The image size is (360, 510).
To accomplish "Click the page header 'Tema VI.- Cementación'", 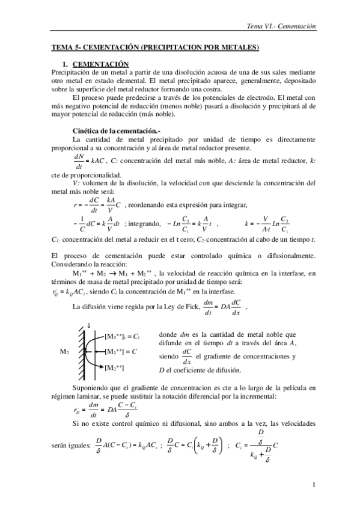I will coord(282,26).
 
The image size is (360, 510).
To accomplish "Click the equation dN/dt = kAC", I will coord(87,160).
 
